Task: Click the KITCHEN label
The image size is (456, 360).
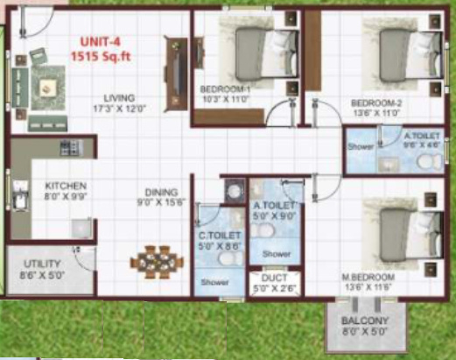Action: pos(66,186)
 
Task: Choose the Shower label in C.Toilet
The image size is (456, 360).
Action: pos(215,283)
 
